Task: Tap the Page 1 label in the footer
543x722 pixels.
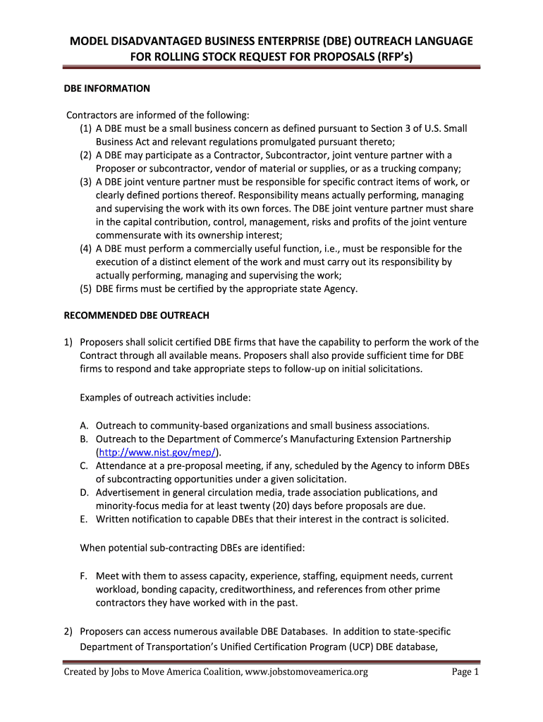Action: [465, 672]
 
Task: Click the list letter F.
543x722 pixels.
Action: [84, 576]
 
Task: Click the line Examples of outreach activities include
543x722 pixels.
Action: [165, 398]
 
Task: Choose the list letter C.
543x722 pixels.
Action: [84, 466]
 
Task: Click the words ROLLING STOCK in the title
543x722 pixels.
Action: [188, 58]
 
